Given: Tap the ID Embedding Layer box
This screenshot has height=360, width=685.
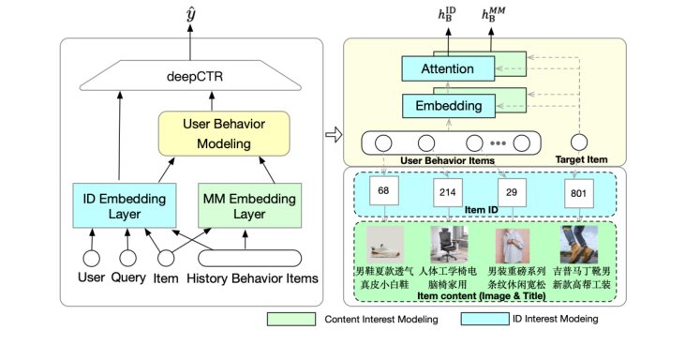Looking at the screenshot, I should coord(119,206).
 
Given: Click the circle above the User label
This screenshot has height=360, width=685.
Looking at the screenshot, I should coord(91,258).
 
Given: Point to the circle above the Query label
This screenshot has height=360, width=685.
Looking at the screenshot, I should coord(128,258).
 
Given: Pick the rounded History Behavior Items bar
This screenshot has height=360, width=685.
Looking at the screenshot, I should coord(249,258).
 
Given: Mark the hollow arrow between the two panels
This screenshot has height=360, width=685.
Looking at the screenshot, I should coord(331,134).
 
